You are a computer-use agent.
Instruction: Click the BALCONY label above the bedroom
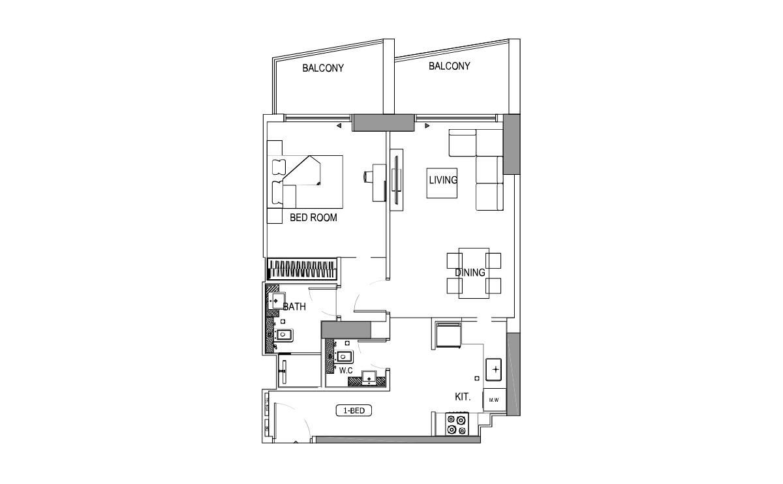point(322,68)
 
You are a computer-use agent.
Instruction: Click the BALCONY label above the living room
point(449,66)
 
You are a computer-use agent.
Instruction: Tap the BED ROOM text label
point(313,218)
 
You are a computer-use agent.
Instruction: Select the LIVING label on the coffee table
point(442,180)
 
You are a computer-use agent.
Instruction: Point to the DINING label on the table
point(470,273)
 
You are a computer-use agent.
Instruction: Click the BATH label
point(294,307)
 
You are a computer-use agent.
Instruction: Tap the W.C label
point(346,371)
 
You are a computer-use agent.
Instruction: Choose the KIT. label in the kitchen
point(464,397)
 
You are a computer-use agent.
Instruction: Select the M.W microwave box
point(493,401)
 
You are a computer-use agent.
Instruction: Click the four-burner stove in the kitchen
point(455,424)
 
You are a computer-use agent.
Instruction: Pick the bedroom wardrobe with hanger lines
point(303,270)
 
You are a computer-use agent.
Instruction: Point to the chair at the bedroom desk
point(369,175)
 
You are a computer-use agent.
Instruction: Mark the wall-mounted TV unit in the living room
point(396,180)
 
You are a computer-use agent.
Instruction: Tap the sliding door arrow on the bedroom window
point(339,126)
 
